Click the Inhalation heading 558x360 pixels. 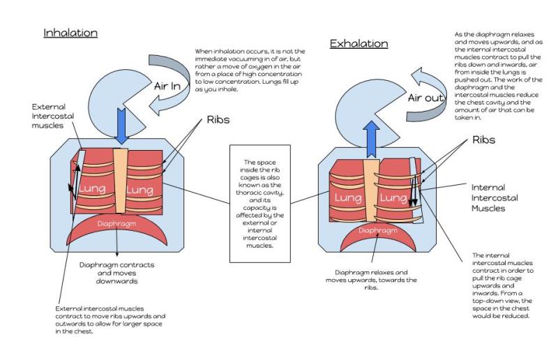70,33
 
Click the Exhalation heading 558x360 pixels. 359,44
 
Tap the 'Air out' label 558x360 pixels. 425,98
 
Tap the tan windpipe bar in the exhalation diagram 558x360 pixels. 368,188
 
